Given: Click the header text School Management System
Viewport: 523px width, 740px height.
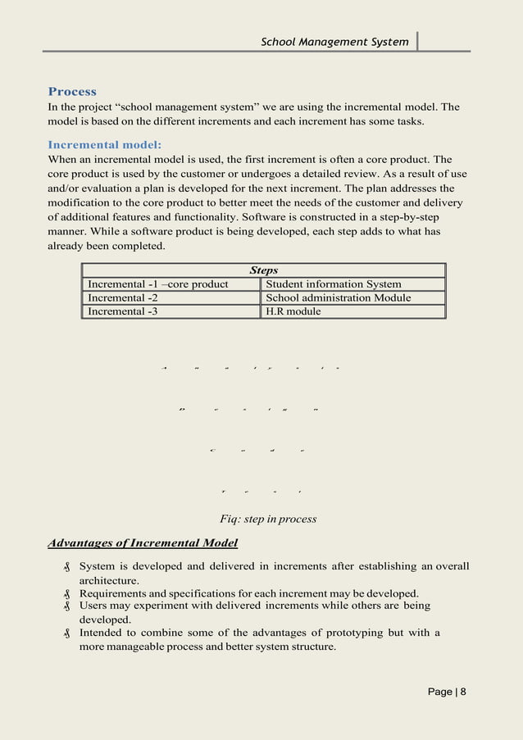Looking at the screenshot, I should pos(334,42).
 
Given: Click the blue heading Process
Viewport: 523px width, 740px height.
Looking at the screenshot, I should pos(72,92).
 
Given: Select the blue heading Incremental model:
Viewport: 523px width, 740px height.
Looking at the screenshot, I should pos(104,145).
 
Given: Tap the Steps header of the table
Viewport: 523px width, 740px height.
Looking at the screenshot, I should pos(263,270).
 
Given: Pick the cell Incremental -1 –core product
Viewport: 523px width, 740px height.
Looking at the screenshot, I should pos(158,284).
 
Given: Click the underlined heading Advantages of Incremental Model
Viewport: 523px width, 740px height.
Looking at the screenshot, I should pos(143,543).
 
